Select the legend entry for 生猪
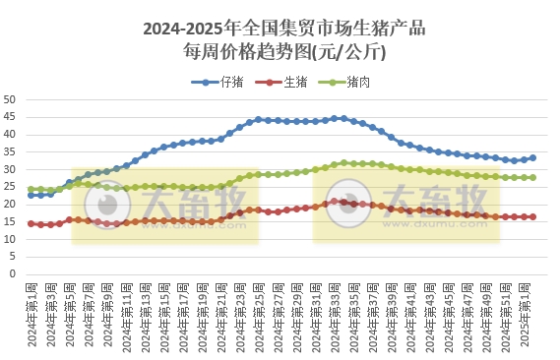pos(286,82)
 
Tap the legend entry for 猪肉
pos(350,82)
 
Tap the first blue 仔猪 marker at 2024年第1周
pos(31,195)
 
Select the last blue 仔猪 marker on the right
pos(532,157)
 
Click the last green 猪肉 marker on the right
pos(532,178)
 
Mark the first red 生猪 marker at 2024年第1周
pos(31,223)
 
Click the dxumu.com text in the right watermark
pos(429,222)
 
